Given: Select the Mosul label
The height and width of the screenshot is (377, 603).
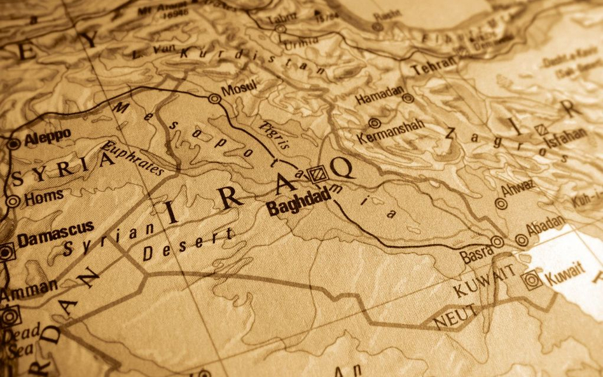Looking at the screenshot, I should pos(239,88).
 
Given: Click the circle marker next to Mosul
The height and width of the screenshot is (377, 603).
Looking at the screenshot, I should pos(214,99).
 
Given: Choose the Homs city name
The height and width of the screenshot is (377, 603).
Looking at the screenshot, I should pos(44,197).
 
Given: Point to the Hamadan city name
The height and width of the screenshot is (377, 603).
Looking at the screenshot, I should pos(379,97).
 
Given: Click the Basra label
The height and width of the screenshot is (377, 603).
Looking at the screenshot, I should pos(476,254).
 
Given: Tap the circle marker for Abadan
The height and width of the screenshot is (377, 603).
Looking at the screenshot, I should pos(522,240).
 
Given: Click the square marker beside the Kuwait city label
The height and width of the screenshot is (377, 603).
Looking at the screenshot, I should pos(530,279).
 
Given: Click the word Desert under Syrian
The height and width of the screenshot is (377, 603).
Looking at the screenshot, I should pos(188,244).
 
